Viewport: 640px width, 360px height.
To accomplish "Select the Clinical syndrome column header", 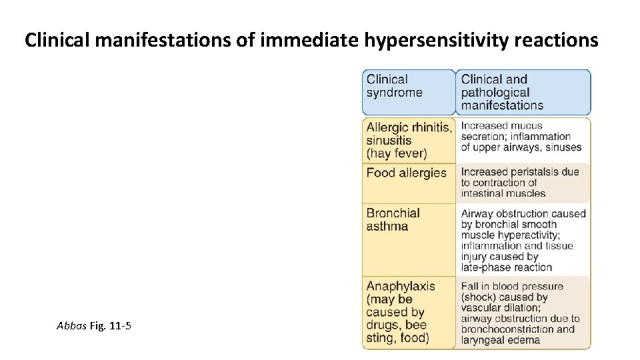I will [x=395, y=86].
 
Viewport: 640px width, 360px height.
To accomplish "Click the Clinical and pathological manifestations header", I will [x=501, y=93].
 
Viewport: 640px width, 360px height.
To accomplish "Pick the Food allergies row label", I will [x=406, y=173].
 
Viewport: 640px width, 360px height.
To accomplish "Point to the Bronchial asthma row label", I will [x=393, y=220].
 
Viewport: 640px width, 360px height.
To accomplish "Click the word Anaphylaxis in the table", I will [x=401, y=287].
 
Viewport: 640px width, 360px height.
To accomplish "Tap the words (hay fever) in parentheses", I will [x=396, y=153].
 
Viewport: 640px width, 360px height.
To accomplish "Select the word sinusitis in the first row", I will [x=389, y=141].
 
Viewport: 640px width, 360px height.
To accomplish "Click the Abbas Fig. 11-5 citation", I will [x=94, y=326].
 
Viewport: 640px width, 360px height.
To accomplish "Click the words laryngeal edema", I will [x=500, y=340].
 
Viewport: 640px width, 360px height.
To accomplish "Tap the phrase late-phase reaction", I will [x=506, y=267].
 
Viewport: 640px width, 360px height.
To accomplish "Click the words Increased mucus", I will [x=501, y=125].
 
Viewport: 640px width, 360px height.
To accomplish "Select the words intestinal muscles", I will [x=503, y=193].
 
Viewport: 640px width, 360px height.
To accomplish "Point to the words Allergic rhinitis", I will [x=409, y=127].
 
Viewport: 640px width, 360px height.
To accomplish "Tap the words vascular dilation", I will [x=500, y=308].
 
